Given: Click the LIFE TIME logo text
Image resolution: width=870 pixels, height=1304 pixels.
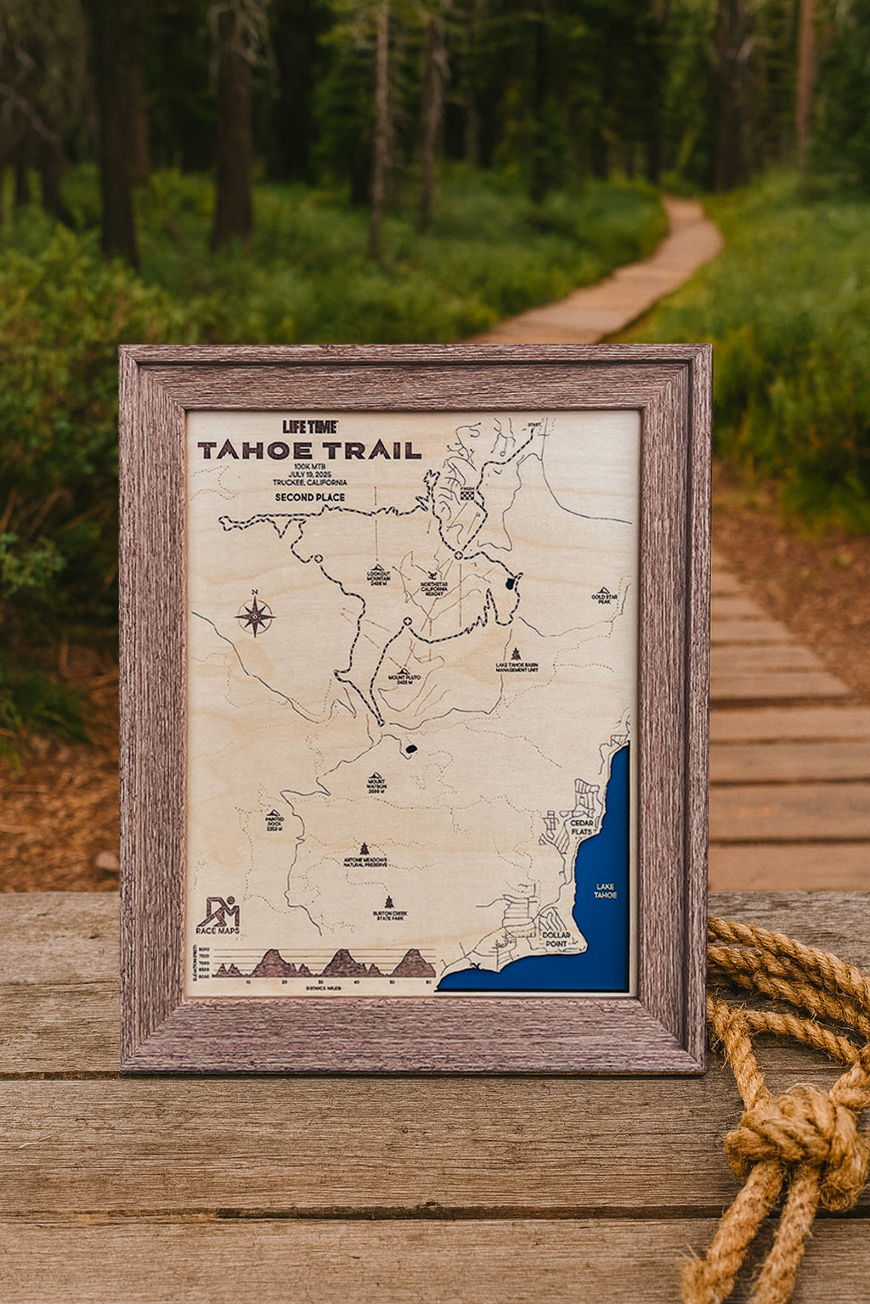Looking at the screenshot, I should point(310,427).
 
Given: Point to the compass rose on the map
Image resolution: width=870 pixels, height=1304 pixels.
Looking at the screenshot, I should point(255,615).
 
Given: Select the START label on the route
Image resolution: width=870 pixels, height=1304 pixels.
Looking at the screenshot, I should point(534,424).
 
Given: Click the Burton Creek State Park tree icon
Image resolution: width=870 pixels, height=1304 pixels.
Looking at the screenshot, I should point(389,902).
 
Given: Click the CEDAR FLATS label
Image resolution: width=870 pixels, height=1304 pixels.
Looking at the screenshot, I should point(582,827).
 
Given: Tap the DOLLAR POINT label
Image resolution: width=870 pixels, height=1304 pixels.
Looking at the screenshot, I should point(556,941).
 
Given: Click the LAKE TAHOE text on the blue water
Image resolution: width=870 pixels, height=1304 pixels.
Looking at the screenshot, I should point(606,891).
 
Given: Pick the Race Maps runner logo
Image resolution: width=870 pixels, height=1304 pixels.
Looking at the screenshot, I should point(217,913).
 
